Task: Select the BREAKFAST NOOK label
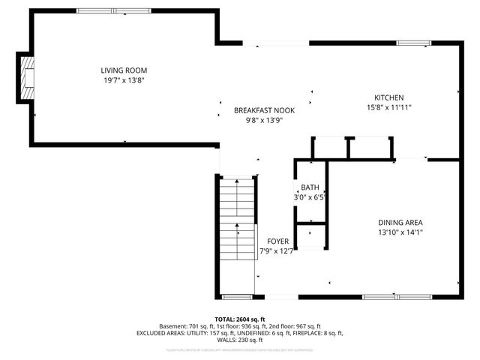(x=264, y=110)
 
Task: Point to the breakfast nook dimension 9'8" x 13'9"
(x=264, y=121)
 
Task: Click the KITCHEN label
(x=389, y=97)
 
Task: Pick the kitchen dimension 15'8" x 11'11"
(x=389, y=108)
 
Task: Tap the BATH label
(x=310, y=187)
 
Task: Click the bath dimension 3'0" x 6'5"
(x=310, y=197)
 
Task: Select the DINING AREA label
(x=400, y=222)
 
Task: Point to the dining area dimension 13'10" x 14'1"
(x=400, y=232)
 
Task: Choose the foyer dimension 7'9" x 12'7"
(x=277, y=251)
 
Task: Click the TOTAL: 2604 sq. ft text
(x=240, y=319)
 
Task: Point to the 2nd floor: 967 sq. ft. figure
(x=295, y=326)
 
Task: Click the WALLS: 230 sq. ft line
(x=240, y=340)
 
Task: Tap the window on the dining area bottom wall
(x=396, y=295)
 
